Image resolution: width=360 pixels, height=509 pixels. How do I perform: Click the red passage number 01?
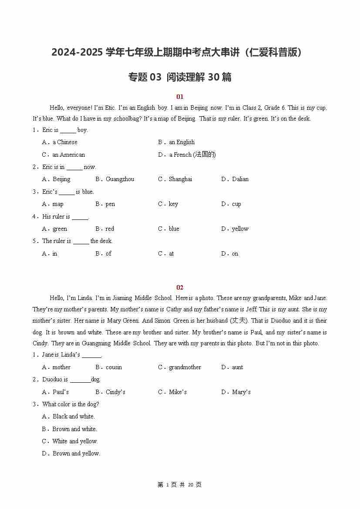coord(180,97)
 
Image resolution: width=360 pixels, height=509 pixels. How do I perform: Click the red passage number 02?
coord(180,287)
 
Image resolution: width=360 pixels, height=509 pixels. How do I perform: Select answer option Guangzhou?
coord(120,179)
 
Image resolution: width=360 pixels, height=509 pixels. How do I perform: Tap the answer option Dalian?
coord(240,179)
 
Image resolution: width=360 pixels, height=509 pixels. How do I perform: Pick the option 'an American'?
coord(68,155)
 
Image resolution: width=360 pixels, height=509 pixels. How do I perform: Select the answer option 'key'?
coord(173,204)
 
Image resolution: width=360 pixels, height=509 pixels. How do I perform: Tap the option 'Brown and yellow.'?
coord(76,453)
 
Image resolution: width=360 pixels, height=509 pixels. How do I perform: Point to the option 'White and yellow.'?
coord(75,441)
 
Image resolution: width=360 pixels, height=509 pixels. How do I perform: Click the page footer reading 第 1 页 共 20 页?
coord(180,485)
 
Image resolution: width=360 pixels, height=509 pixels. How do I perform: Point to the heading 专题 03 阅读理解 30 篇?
coord(180,77)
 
